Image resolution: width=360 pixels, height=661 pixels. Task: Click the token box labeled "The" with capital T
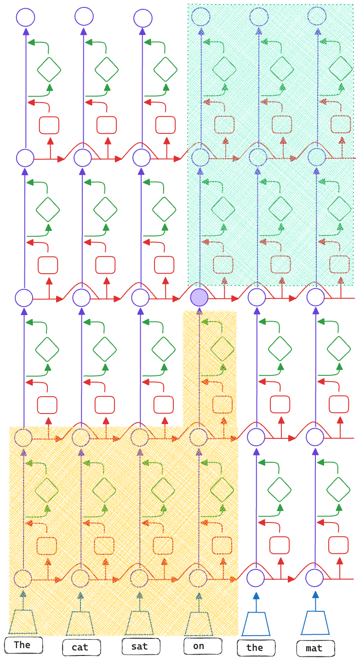(x=23, y=644)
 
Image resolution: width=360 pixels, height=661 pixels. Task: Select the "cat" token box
(x=81, y=647)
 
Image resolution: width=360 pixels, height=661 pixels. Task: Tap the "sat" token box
(x=141, y=646)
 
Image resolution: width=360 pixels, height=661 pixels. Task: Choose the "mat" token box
(x=315, y=648)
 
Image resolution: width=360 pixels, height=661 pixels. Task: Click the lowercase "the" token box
(x=256, y=648)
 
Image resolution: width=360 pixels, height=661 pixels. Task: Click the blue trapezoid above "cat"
(x=80, y=624)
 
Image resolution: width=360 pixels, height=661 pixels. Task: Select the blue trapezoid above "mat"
(x=315, y=623)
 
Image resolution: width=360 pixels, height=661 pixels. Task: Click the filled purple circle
(x=199, y=298)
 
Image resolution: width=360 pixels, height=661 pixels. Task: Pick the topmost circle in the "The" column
(x=25, y=18)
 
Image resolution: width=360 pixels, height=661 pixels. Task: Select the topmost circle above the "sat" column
(x=143, y=18)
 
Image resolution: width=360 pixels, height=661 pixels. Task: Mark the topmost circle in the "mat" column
(x=318, y=17)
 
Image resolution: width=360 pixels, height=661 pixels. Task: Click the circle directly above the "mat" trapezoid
(x=315, y=577)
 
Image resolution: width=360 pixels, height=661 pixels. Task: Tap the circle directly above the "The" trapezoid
(x=23, y=578)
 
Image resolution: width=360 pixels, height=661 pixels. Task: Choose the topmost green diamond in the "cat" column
(x=107, y=69)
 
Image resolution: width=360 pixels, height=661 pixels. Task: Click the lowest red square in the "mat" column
(x=338, y=545)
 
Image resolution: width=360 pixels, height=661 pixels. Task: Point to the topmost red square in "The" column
(x=49, y=125)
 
